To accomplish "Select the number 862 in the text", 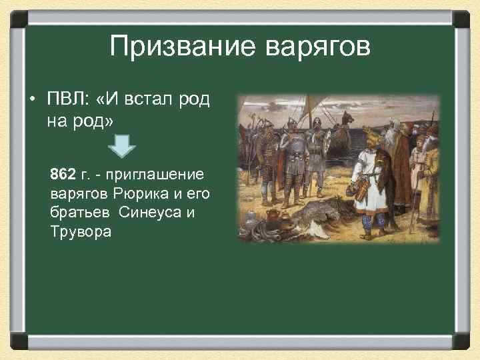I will click(x=63, y=175).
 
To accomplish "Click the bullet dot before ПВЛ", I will click(x=31, y=100).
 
